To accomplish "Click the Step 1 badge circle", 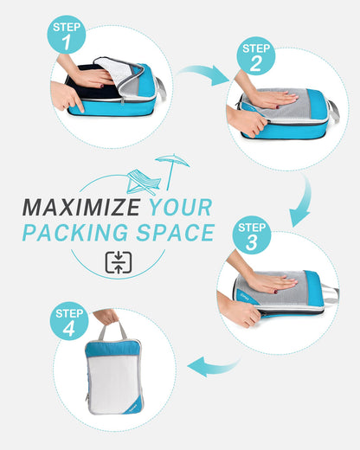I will [67, 35].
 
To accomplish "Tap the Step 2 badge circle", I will [256, 56].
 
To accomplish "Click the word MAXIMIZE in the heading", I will [81, 208].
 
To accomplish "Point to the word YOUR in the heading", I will [180, 208].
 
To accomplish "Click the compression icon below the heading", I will [118, 263].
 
